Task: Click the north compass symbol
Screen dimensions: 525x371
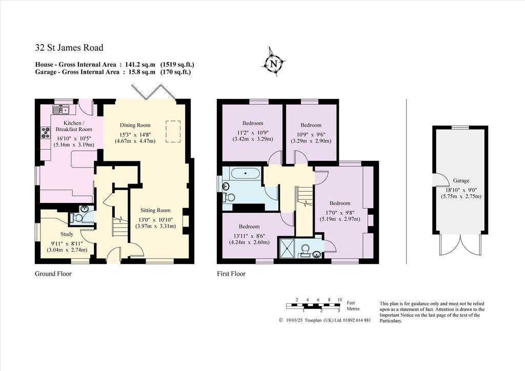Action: pos(274,63)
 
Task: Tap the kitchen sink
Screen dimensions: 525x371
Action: pos(60,109)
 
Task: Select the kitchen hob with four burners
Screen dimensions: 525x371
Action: pos(45,133)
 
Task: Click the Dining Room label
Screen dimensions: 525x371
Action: pos(135,125)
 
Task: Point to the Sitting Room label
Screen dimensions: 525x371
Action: pos(155,210)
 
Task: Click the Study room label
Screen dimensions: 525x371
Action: pos(67,234)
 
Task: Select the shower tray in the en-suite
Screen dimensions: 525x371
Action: pos(287,248)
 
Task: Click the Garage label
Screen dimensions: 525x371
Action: pos(461,180)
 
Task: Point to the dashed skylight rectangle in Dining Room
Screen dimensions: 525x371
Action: pos(173,132)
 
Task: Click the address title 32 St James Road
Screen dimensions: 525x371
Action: pos(69,48)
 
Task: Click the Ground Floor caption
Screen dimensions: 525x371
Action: pos(53,274)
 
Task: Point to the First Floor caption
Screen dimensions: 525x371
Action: pos(231,274)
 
